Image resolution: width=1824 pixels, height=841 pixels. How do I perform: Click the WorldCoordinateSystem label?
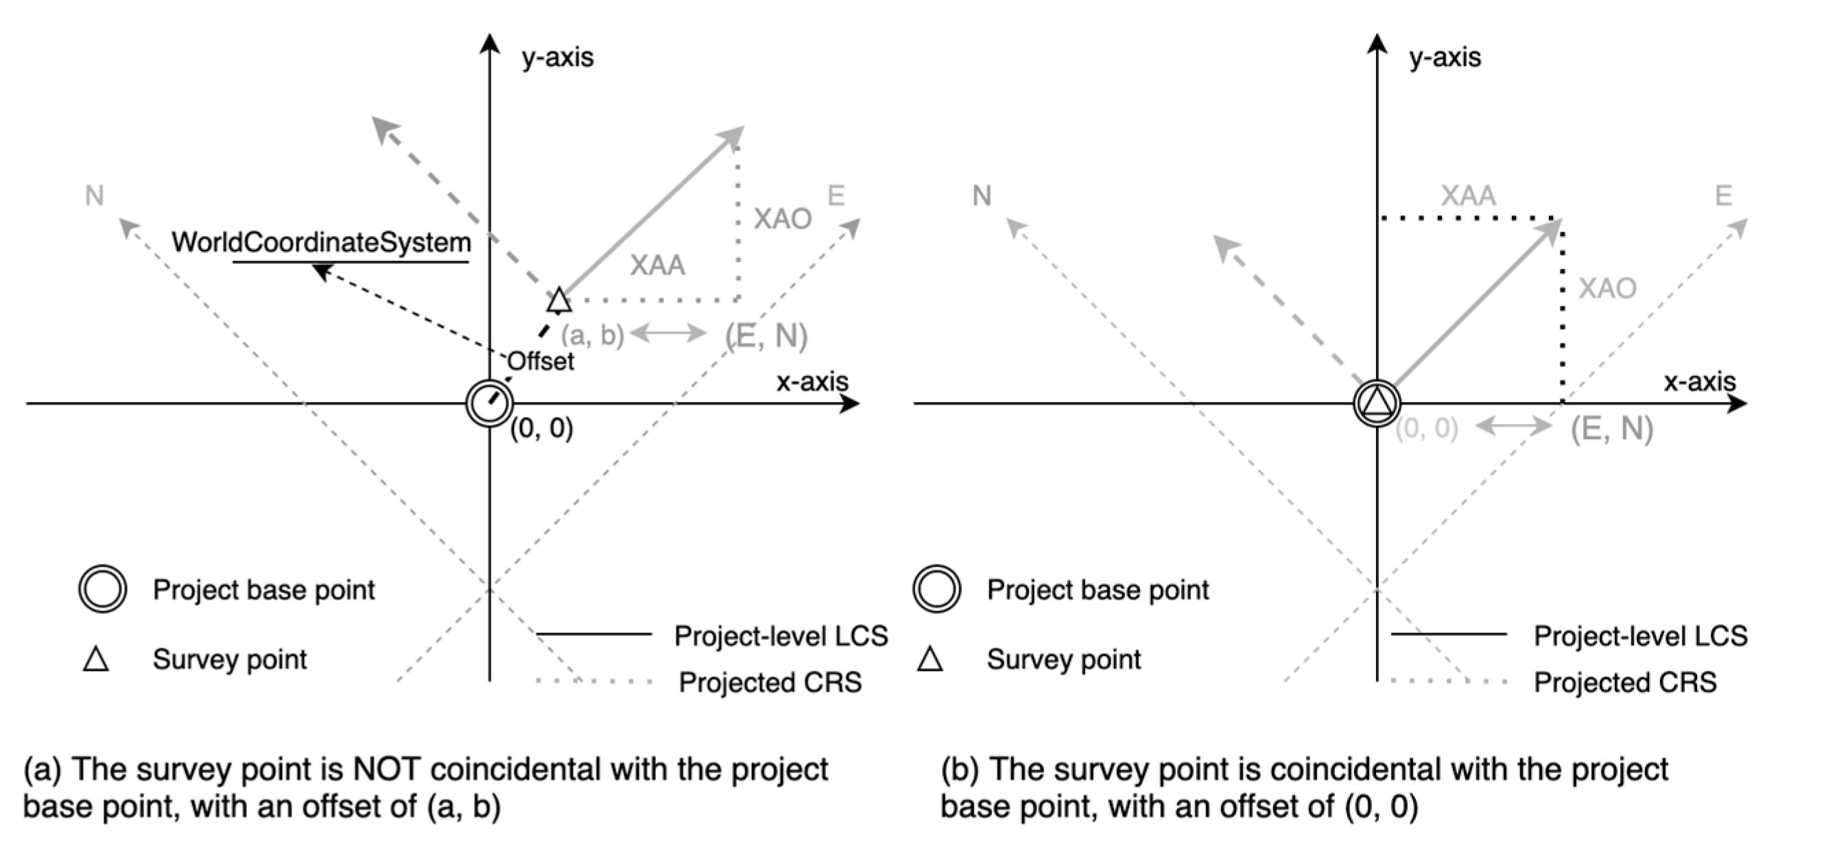pos(321,243)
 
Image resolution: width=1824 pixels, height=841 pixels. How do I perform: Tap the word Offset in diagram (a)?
pos(541,361)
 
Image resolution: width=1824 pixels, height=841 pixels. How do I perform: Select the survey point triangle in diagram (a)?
pos(558,301)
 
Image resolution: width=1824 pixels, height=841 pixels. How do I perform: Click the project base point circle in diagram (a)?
pos(489,403)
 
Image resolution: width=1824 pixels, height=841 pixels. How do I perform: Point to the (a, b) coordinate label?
pos(592,335)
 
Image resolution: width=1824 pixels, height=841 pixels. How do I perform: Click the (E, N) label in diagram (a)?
pos(766,335)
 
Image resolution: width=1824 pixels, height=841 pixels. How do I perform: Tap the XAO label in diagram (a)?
pos(782,219)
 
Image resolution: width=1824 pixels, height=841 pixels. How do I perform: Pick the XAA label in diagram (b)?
pos(1469,196)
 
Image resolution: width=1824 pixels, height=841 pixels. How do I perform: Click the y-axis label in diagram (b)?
pos(1445,58)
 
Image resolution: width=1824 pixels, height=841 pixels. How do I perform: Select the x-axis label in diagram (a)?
pos(812,381)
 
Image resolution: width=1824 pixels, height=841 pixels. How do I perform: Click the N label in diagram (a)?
pos(94,196)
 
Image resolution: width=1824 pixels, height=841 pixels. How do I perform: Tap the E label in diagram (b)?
pos(1722,196)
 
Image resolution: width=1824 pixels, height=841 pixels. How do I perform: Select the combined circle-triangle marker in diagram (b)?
pos(1377,403)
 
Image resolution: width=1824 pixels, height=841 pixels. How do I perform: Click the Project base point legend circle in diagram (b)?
pos(936,589)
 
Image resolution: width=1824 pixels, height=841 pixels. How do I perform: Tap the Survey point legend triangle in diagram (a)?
pos(95,659)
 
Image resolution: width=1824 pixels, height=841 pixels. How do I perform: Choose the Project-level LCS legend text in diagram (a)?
pos(781,636)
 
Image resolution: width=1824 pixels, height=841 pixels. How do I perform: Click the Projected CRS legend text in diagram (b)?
pos(1625,683)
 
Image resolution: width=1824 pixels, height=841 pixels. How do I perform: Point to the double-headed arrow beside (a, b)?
pos(667,333)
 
